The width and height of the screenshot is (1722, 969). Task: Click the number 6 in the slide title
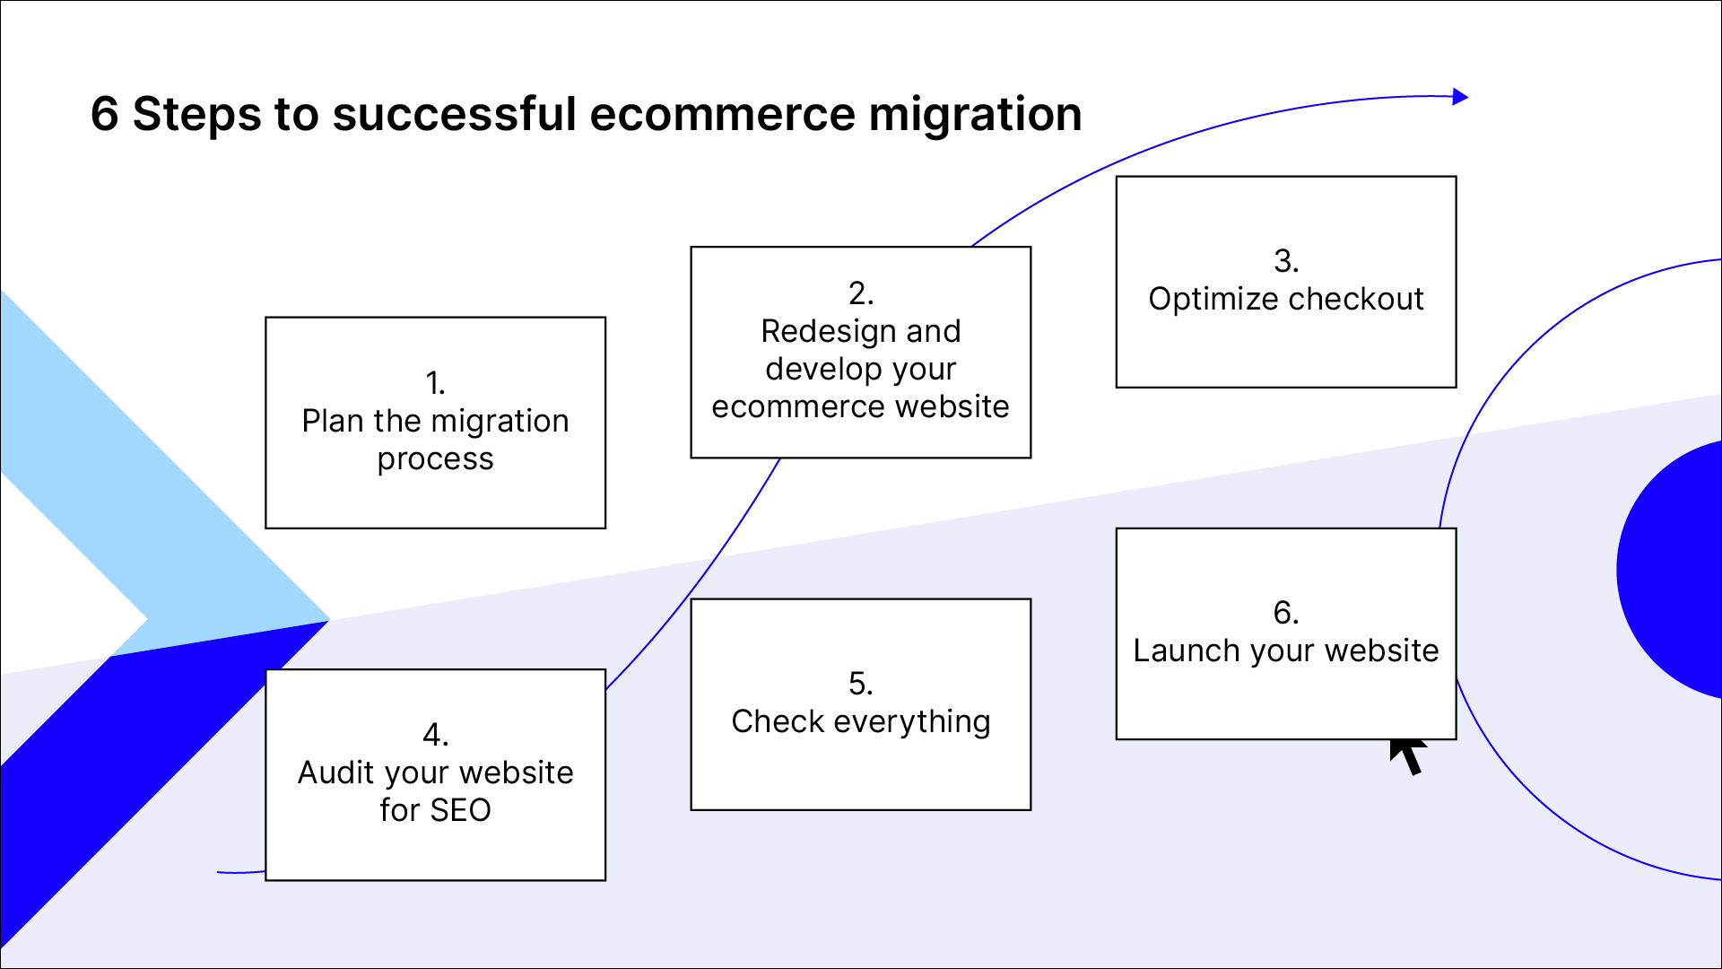coord(105,115)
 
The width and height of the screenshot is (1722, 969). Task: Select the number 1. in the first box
coord(435,383)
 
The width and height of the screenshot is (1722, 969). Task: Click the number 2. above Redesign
coord(860,293)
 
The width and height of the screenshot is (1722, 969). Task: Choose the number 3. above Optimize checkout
coord(1286,261)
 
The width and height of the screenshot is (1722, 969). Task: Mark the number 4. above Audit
coord(435,735)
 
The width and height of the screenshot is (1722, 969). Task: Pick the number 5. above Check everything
coord(860,684)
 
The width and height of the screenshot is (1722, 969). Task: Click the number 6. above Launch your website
coord(1286,613)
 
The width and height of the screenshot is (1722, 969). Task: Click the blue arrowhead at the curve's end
coord(1460,97)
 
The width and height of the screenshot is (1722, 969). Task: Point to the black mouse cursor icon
coord(1408,755)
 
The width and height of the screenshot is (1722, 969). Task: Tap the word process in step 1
coord(435,458)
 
